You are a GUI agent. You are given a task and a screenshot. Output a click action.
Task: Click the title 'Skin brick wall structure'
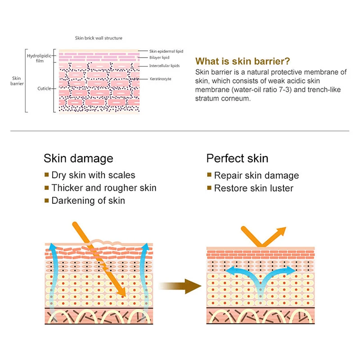click(x=99, y=38)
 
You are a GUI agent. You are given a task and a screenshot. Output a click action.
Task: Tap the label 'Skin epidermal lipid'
click(x=166, y=51)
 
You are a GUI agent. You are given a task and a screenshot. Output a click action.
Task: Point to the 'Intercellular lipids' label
click(x=164, y=66)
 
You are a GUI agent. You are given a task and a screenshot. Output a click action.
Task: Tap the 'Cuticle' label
click(x=44, y=89)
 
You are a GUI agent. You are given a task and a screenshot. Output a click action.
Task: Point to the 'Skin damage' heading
click(x=78, y=158)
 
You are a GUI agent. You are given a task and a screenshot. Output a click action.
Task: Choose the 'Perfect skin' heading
click(x=237, y=158)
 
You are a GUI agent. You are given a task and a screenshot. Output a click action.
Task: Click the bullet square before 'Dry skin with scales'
click(x=46, y=175)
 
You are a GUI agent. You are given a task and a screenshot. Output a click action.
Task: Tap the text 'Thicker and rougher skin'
click(x=104, y=188)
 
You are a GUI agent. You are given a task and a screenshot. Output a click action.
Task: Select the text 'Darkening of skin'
click(x=88, y=201)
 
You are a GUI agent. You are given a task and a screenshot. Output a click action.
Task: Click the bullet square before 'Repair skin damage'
click(x=209, y=175)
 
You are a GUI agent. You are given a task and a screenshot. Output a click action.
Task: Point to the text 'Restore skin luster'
click(x=253, y=188)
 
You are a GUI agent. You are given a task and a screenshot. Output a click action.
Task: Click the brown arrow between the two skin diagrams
click(x=180, y=284)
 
